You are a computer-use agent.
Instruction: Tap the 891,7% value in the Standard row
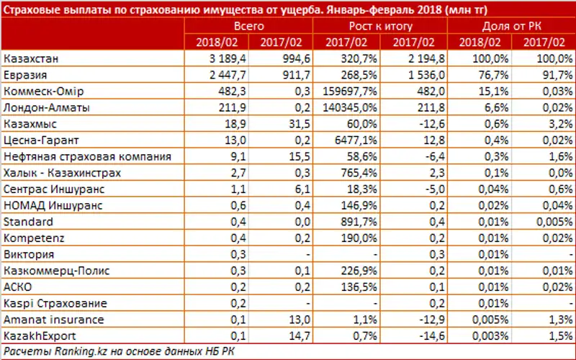(x=354, y=222)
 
